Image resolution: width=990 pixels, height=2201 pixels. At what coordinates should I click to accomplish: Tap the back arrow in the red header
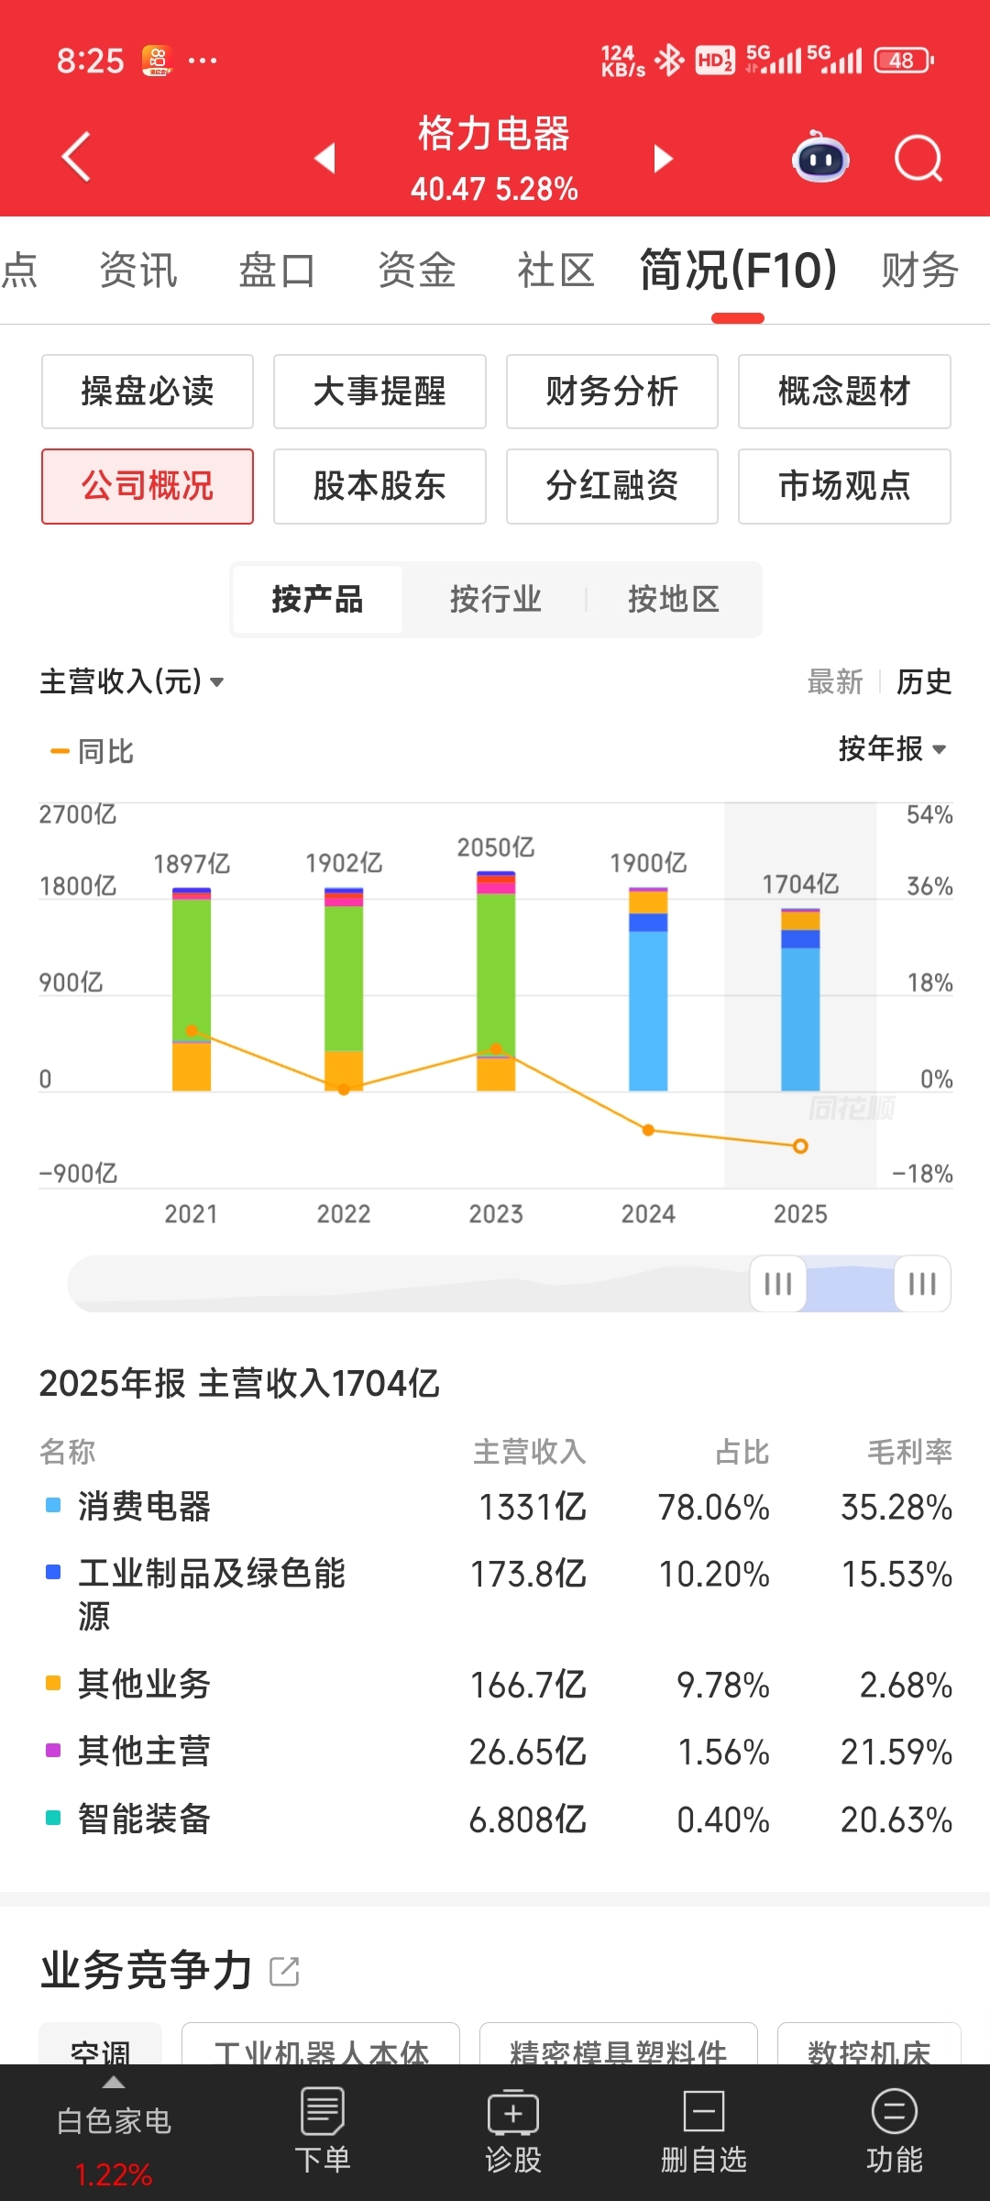coord(77,157)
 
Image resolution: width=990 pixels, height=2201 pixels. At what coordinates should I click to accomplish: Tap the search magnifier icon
coord(918,159)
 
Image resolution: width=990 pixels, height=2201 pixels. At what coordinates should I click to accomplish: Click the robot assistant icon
coord(820,159)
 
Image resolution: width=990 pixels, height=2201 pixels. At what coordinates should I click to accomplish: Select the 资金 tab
coord(417,271)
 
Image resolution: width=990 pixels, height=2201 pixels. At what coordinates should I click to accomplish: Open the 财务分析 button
coord(611,392)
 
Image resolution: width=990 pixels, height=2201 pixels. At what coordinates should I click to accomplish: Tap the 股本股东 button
coord(379,486)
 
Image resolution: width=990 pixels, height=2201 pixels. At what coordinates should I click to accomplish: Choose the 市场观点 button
coord(844,486)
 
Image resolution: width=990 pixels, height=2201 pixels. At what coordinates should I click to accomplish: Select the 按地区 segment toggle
coord(673,600)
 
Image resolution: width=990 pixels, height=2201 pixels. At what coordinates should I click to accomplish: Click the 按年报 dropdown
coord(892,749)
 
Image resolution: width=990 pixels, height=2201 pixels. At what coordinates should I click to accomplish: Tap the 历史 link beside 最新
coord(923,682)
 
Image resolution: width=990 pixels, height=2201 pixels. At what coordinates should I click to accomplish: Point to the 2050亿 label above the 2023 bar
coord(496,847)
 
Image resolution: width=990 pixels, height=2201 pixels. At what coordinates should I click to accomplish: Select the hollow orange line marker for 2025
coord(800,1146)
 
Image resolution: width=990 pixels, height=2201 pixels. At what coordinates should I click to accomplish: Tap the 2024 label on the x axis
coord(648,1214)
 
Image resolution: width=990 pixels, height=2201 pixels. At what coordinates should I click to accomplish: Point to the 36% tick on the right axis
coord(929,887)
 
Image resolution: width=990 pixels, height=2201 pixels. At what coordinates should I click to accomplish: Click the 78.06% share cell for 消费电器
coord(713,1508)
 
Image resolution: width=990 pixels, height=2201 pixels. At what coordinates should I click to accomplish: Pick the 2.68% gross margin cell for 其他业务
coord(905,1686)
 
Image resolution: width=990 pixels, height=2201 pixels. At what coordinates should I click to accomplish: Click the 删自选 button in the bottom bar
coord(704,2131)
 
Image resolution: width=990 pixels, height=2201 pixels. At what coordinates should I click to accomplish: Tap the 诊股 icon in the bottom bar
coord(513,2131)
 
